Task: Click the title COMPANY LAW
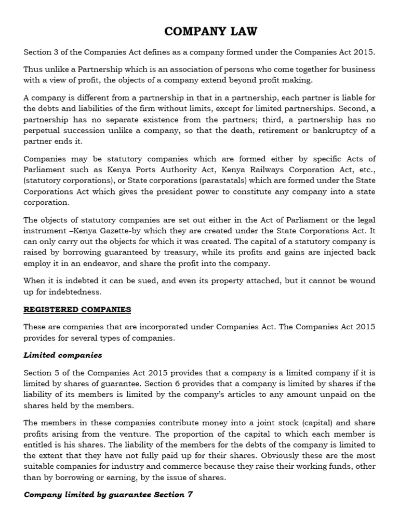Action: (x=210, y=32)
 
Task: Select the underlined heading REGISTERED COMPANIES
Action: (x=77, y=310)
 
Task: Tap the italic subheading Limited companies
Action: (x=63, y=355)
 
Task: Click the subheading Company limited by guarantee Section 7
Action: (x=108, y=494)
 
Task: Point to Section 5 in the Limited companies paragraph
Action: (x=42, y=373)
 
